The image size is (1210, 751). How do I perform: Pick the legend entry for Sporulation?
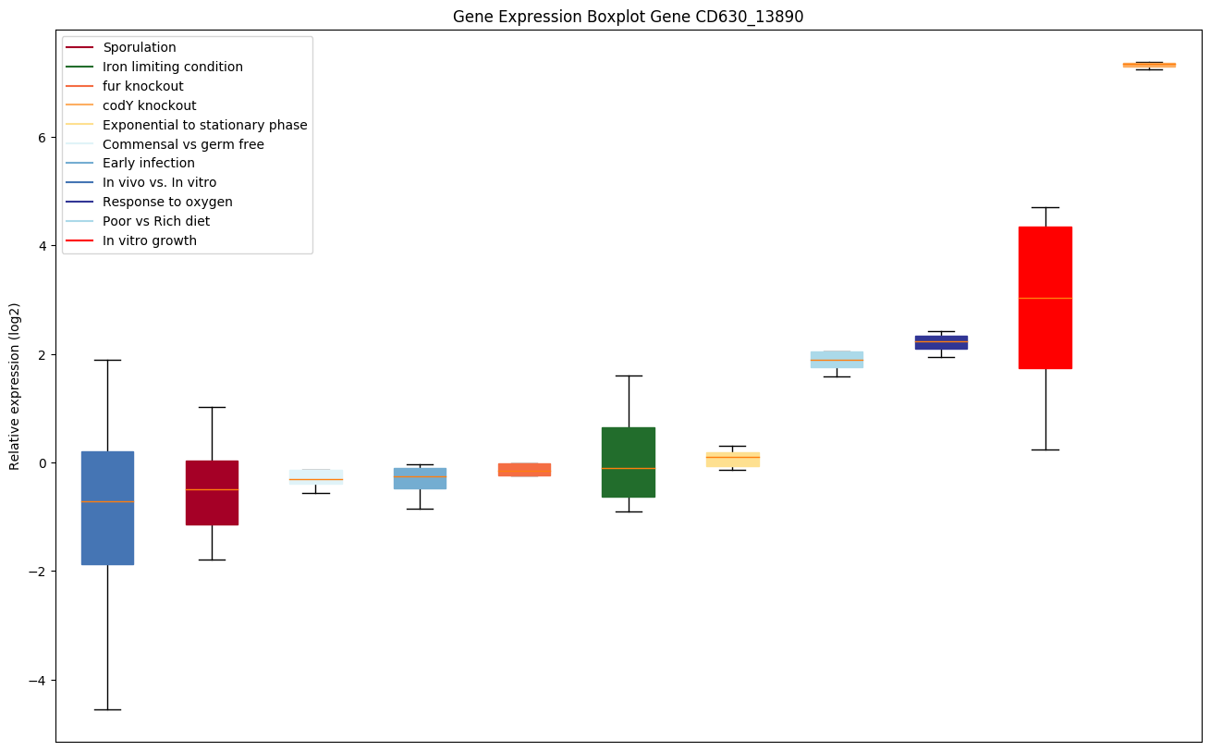139,47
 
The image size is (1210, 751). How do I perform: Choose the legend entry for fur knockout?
142,86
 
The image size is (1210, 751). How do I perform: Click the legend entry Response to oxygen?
167,202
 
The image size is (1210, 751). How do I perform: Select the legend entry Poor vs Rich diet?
155,221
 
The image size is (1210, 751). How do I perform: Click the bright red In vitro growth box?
1045,297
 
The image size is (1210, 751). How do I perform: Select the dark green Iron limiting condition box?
629,462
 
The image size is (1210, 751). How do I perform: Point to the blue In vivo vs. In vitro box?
107,508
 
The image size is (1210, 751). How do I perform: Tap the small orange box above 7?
1149,65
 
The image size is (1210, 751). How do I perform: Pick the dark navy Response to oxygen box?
941,342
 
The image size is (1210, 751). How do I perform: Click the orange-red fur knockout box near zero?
524,469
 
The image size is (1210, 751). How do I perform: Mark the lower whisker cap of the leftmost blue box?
107,709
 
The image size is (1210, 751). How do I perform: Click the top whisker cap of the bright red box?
1045,207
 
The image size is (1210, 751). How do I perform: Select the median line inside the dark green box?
629,468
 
